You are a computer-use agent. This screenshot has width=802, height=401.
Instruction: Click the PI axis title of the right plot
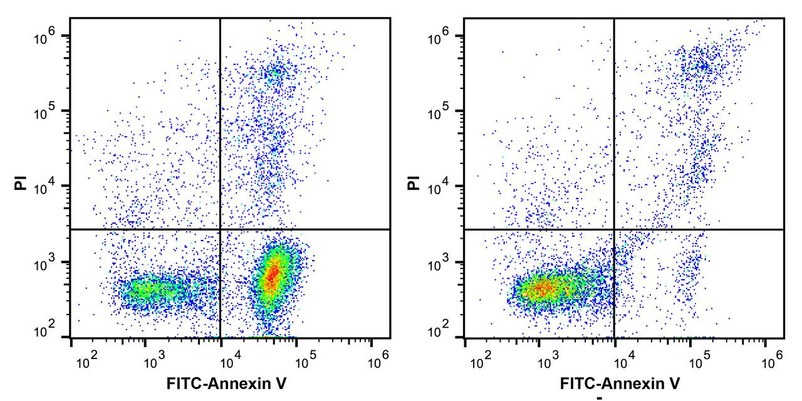point(413,183)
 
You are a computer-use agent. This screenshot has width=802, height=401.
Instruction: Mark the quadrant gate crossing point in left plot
point(221,230)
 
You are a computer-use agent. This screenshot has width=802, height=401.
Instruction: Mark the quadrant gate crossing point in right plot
point(613,230)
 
